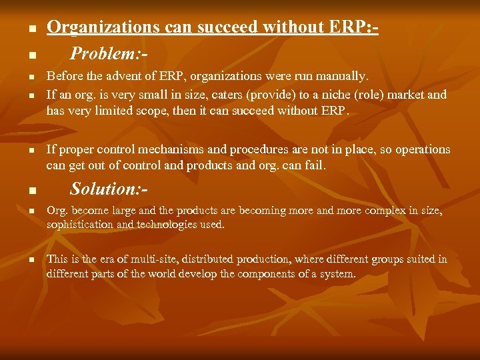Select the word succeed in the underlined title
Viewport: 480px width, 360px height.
click(x=216, y=27)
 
